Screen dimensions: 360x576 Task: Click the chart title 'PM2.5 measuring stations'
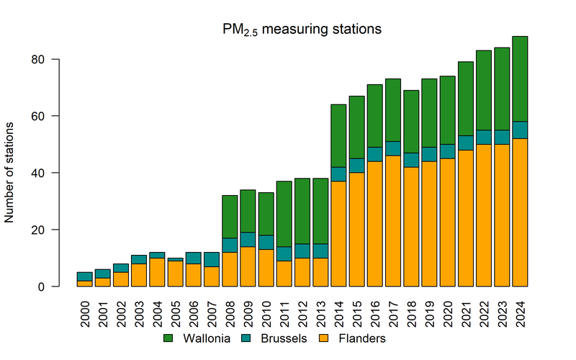click(x=301, y=30)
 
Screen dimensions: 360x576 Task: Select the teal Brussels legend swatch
click(x=248, y=338)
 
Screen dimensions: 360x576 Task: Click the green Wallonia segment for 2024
click(x=521, y=78)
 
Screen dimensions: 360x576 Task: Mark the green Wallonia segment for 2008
click(x=230, y=217)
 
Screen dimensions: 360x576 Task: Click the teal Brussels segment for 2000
click(x=85, y=276)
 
